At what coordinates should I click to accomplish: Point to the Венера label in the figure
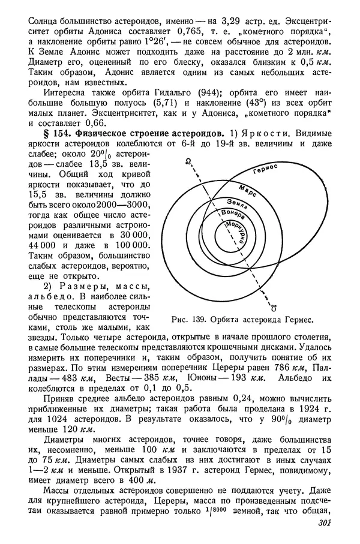tap(233, 214)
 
